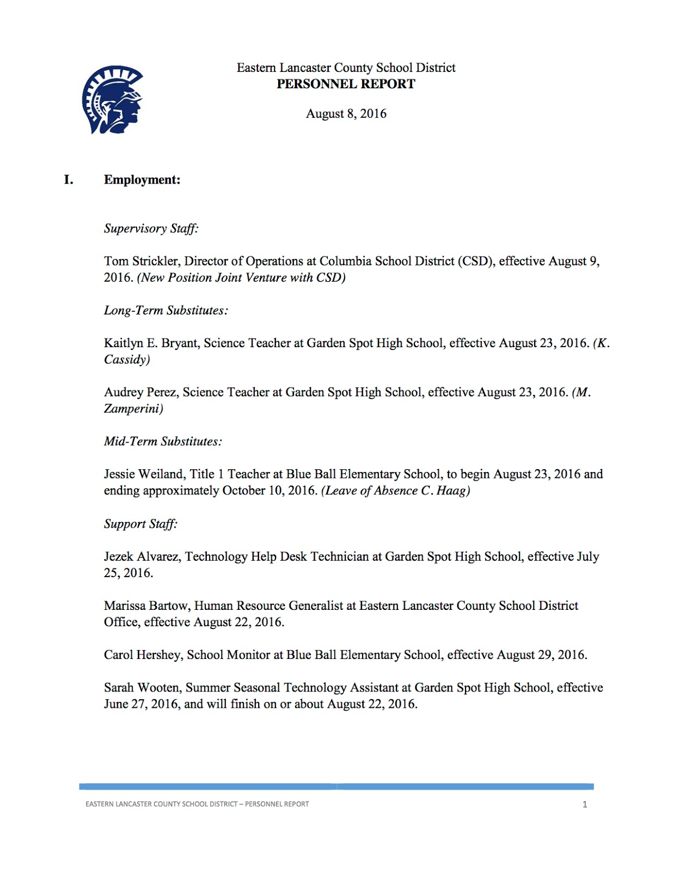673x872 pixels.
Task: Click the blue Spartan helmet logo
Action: (x=112, y=100)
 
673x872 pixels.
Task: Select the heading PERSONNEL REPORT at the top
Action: (x=346, y=84)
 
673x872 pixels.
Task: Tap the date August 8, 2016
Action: (x=346, y=113)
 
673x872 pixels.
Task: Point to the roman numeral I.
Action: (x=69, y=180)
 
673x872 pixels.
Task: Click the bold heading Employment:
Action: (x=142, y=180)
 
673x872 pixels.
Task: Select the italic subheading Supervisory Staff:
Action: (x=151, y=228)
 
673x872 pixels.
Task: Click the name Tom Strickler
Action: (x=141, y=261)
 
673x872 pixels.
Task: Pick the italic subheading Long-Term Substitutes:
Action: (x=166, y=310)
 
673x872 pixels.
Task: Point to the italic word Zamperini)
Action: (x=133, y=409)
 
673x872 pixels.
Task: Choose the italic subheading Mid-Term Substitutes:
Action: (x=163, y=441)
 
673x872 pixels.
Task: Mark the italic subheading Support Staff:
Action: (x=141, y=524)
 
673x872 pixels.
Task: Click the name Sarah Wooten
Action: (x=142, y=688)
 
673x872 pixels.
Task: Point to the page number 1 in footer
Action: (x=585, y=804)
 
